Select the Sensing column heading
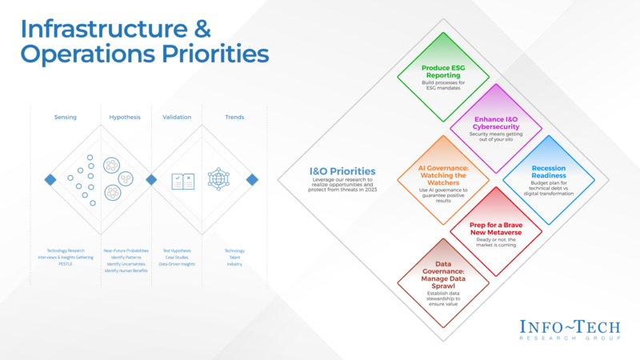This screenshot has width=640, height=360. tap(66, 118)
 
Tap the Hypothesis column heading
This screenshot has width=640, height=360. tap(125, 118)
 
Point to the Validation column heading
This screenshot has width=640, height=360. tap(177, 118)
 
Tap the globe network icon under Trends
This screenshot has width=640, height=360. tap(218, 179)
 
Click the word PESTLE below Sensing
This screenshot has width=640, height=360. tap(66, 264)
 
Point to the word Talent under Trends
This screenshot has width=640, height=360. tap(234, 258)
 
